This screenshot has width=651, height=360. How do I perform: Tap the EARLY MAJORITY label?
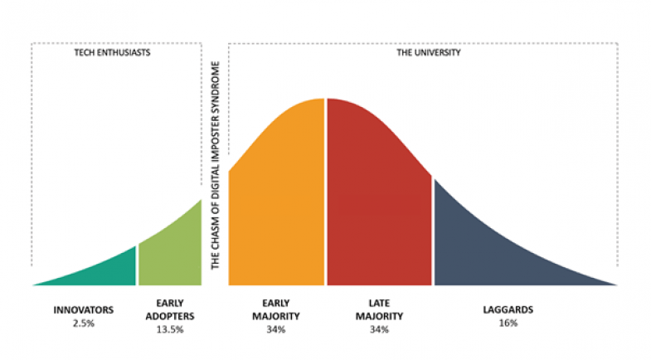(x=276, y=309)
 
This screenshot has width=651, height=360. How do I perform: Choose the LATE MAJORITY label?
(x=379, y=309)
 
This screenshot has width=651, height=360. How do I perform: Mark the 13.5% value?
(x=169, y=329)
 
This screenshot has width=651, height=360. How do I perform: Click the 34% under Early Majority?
(x=276, y=329)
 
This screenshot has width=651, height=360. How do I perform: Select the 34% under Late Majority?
(x=379, y=329)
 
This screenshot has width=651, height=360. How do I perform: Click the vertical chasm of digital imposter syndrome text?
(x=215, y=166)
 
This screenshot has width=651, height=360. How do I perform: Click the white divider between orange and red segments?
(x=325, y=191)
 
